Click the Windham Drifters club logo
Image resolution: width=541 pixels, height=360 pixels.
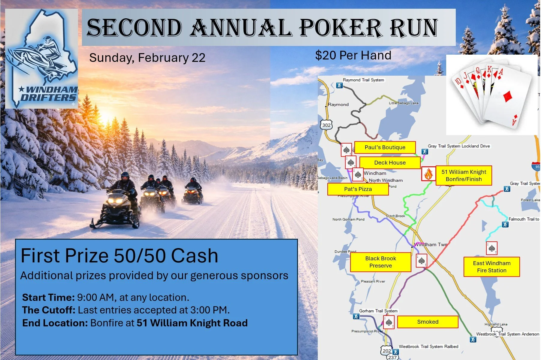[42, 59]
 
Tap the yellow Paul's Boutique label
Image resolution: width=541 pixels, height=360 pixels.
[385, 147]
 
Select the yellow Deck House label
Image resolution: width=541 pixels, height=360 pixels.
[390, 163]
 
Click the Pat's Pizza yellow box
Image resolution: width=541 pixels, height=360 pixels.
[358, 189]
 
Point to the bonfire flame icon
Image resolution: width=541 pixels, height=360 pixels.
[428, 174]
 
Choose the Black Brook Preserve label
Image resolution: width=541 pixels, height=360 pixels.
[380, 262]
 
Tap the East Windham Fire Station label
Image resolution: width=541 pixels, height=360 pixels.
[491, 267]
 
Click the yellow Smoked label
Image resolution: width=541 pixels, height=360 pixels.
[428, 322]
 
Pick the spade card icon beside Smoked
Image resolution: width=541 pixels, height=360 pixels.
[389, 322]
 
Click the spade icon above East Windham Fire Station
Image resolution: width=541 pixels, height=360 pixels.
[491, 248]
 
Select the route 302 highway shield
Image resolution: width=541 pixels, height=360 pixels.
[326, 125]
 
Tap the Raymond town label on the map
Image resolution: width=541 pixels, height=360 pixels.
[338, 104]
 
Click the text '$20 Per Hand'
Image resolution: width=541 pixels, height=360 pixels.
[353, 55]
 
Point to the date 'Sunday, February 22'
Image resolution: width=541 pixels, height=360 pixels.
[147, 58]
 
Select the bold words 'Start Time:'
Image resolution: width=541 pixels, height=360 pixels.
[48, 297]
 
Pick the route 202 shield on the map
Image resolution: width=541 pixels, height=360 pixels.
[386, 351]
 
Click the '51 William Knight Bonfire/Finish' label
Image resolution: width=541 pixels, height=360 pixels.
[464, 176]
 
